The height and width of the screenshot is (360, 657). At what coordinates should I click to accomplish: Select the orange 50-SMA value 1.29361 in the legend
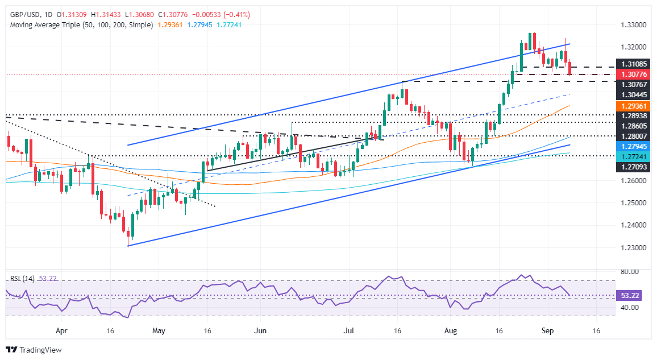click(x=168, y=26)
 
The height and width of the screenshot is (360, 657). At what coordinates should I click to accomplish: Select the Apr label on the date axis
click(x=62, y=329)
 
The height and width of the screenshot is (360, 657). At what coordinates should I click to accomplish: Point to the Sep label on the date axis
click(x=545, y=329)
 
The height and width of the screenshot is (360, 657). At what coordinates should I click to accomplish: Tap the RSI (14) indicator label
click(x=23, y=279)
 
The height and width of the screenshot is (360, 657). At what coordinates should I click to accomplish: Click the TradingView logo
click(x=34, y=350)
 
